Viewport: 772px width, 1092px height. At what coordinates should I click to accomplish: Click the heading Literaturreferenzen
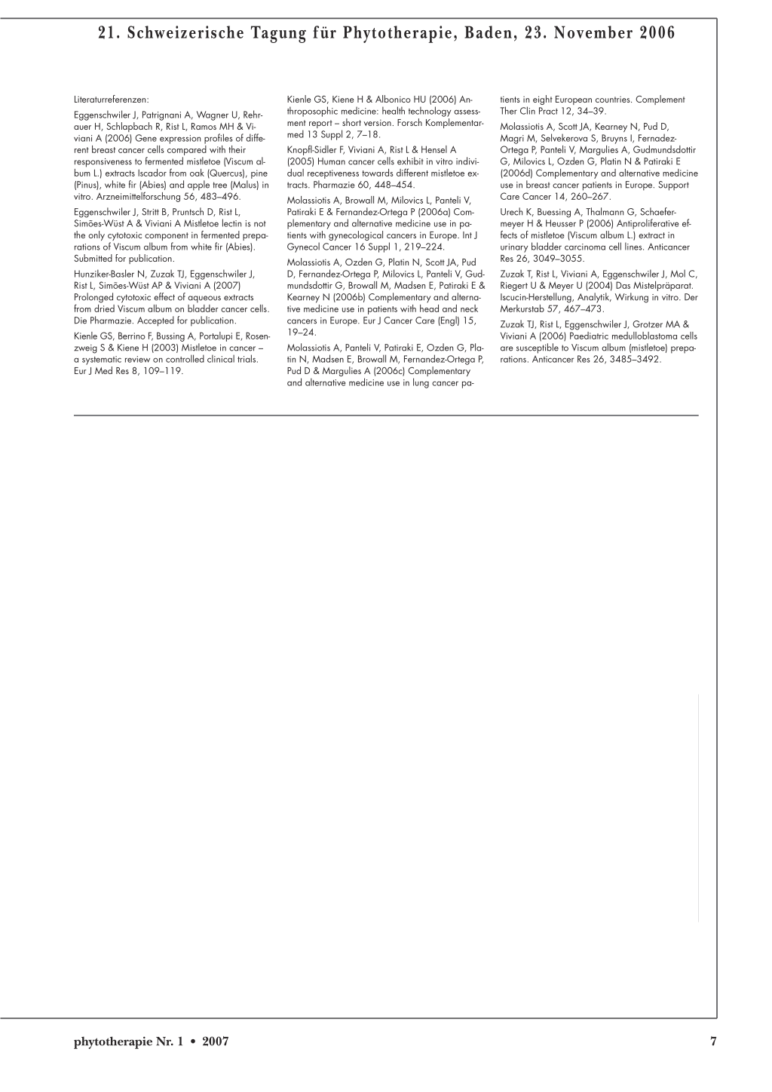(x=112, y=99)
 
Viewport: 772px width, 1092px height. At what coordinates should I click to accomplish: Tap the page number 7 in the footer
(x=713, y=1041)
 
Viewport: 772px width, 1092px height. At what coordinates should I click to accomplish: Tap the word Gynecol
(x=304, y=247)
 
